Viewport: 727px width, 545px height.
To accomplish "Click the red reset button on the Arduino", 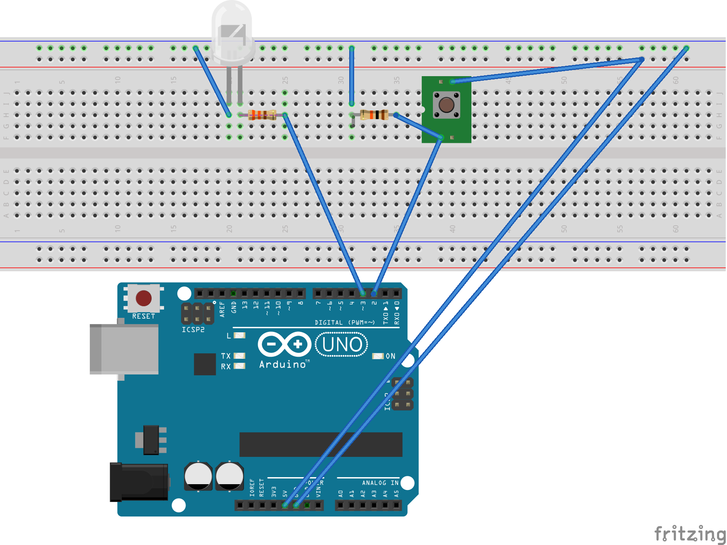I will coord(143,298).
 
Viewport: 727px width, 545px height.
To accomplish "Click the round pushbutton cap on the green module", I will coord(446,105).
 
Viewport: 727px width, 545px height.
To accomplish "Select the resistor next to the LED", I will coord(262,115).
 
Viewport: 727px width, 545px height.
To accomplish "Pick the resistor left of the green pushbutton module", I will coord(374,115).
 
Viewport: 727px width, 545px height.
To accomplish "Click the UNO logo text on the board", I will coord(342,344).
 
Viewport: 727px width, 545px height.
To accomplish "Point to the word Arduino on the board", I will coord(283,365).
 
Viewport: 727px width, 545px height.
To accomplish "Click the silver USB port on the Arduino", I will coord(124,349).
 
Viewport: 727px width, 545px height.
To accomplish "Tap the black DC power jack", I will coord(139,482).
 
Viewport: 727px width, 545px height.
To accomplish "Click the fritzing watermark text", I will coord(689,534).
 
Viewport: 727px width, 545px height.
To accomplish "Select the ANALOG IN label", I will coord(380,483).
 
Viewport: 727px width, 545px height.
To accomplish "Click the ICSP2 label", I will coord(193,330).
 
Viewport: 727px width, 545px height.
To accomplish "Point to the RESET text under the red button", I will coord(143,316).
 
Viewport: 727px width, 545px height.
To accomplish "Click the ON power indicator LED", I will coord(378,356).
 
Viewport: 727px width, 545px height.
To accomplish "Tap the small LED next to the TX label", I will coord(239,356).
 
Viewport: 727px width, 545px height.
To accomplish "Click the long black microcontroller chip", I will coord(321,444).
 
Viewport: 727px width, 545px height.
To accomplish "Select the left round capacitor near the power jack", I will coord(198,476).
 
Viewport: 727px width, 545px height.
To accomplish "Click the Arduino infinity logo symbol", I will coord(284,344).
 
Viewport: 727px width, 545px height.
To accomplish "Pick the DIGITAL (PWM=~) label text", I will coord(344,322).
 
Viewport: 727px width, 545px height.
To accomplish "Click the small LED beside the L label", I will coord(239,335).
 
